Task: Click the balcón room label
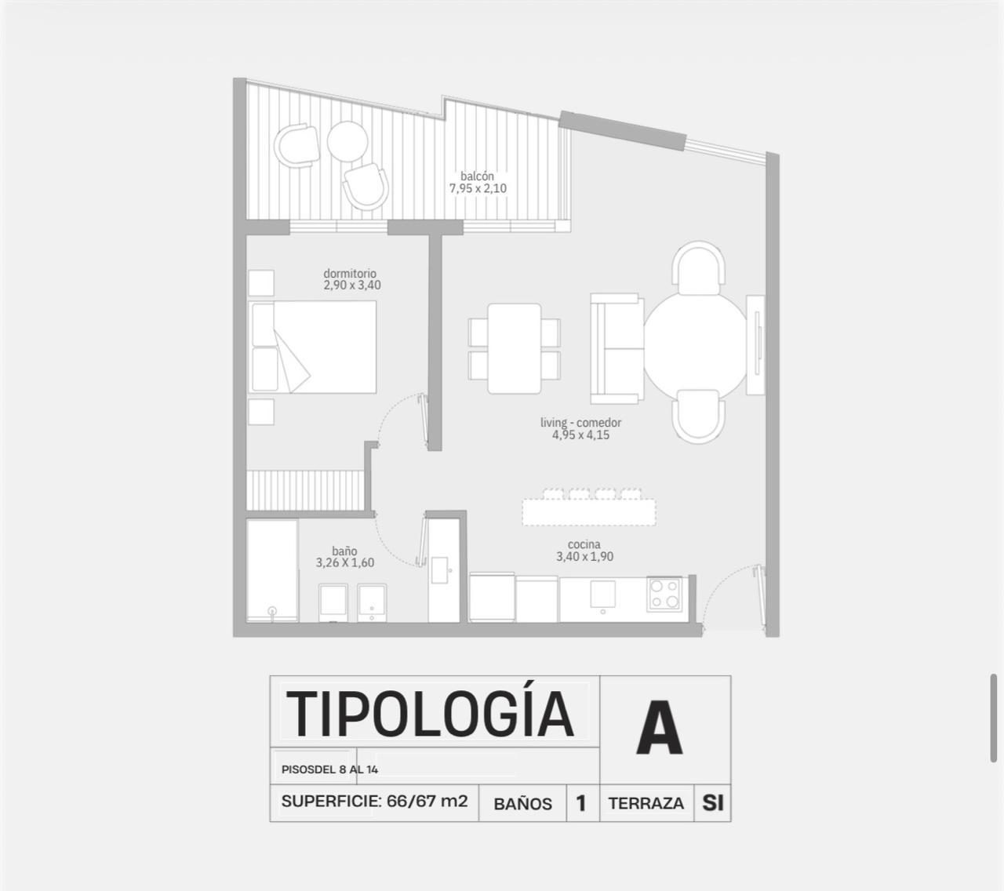(x=477, y=176)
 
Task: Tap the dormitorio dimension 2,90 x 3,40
(x=352, y=285)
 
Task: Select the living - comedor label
(x=580, y=423)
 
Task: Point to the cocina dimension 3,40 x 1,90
(x=585, y=557)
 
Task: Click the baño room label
(x=344, y=551)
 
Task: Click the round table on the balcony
(x=347, y=142)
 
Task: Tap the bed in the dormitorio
(x=312, y=347)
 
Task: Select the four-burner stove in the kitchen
(x=664, y=595)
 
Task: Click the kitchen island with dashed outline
(x=589, y=512)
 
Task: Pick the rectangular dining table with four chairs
(x=515, y=349)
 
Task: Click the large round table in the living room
(x=695, y=344)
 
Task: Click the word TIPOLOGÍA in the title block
(x=430, y=714)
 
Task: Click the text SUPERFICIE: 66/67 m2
(x=374, y=802)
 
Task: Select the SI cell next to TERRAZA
(x=713, y=803)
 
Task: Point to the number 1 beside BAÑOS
(x=580, y=803)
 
